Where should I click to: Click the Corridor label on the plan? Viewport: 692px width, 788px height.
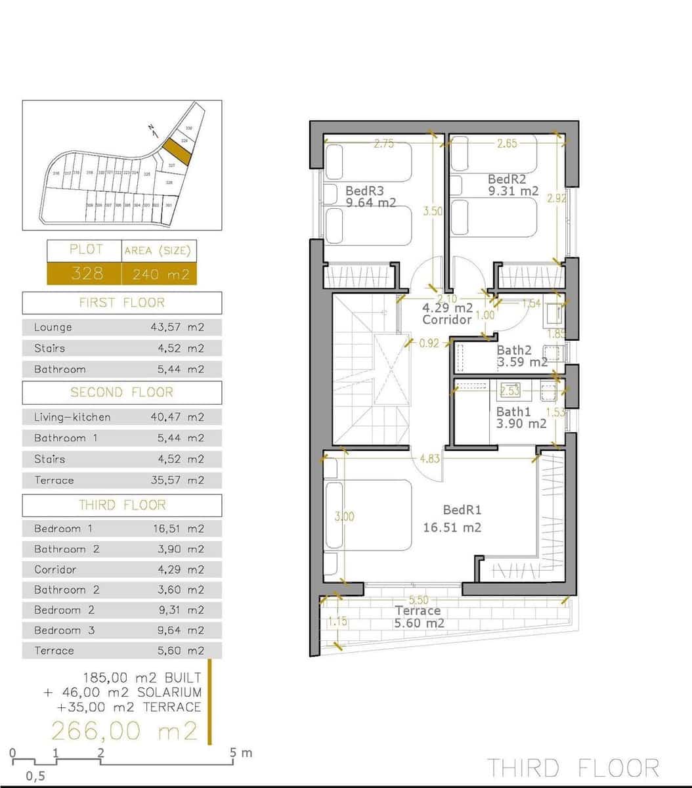447,319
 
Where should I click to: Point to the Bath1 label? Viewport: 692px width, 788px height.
513,412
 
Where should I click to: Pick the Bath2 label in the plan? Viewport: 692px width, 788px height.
514,351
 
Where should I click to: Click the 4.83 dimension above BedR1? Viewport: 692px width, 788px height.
429,458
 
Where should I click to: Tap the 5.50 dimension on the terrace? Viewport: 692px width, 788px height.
418,600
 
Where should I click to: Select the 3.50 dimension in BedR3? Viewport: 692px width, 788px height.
433,211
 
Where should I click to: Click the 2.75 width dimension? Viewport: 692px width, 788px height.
384,144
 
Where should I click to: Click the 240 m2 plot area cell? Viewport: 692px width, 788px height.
160,274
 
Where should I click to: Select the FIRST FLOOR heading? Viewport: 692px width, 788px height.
121,303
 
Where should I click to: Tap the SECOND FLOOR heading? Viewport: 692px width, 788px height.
121,392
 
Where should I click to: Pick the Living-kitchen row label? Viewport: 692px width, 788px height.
72,417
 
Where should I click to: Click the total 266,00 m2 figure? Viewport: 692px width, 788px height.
124,730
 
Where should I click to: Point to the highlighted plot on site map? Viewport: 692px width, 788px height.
177,151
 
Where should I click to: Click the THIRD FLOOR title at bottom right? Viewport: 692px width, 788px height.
573,768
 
